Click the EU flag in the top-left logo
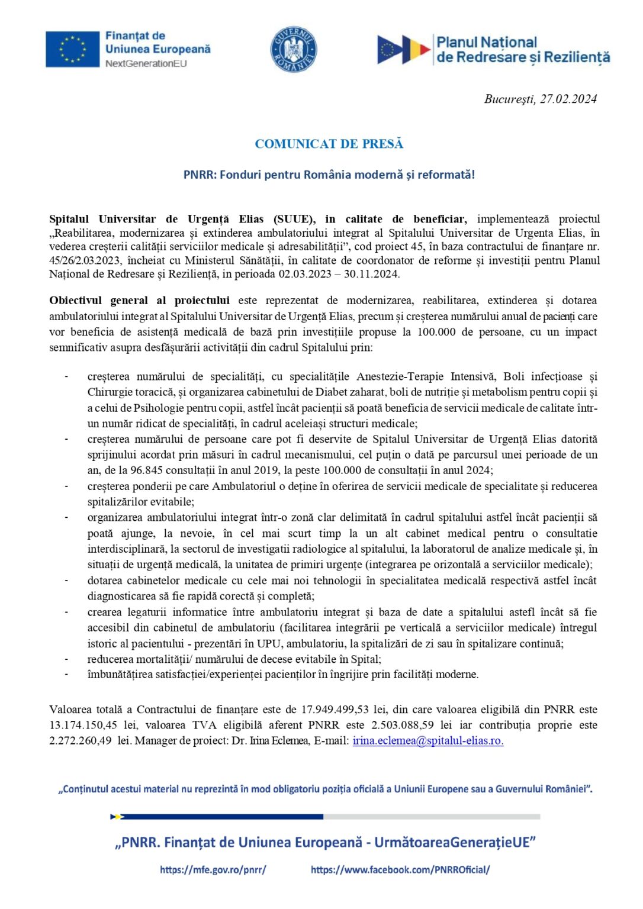pos(72,49)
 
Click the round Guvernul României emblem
pos(294,50)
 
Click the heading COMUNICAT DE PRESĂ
pos(329,144)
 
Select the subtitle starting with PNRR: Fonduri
pos(329,175)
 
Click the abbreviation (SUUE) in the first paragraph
pos(294,219)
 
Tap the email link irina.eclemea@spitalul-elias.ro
pos(427,741)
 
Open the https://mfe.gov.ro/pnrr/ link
pos(213,869)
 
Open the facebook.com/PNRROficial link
pos(400,869)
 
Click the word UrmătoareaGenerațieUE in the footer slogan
pos(455,842)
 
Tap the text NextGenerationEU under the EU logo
pos(146,64)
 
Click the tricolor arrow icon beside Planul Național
pos(404,50)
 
